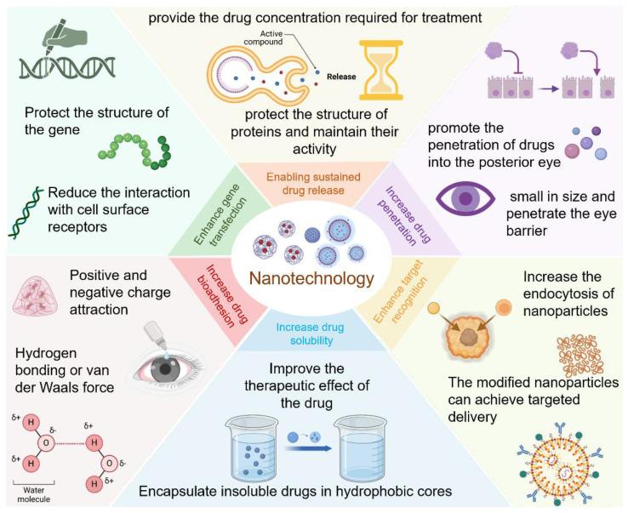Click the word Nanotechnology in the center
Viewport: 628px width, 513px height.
311,278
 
